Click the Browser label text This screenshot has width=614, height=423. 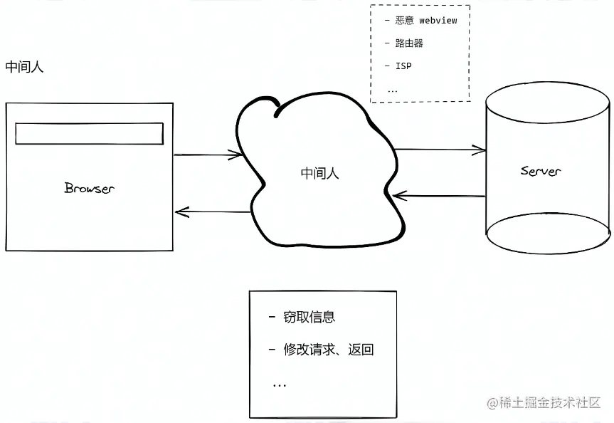[x=89, y=189]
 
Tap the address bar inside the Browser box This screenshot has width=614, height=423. [x=90, y=134]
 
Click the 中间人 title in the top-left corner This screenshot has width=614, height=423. [x=25, y=67]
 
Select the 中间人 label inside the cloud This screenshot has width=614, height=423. [x=320, y=173]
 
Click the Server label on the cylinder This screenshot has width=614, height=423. [x=541, y=171]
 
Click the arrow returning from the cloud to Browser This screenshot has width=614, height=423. [x=212, y=211]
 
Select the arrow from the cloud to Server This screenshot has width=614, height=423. [x=440, y=150]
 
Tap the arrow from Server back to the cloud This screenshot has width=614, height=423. [x=438, y=194]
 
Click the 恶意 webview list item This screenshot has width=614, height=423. [x=425, y=21]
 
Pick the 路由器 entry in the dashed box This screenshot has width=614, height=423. [x=409, y=43]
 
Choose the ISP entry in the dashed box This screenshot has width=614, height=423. [x=403, y=66]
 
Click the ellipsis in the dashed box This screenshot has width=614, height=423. [x=393, y=90]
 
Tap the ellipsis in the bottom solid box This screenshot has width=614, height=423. [x=279, y=385]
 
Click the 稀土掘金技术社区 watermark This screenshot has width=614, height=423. [x=544, y=403]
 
